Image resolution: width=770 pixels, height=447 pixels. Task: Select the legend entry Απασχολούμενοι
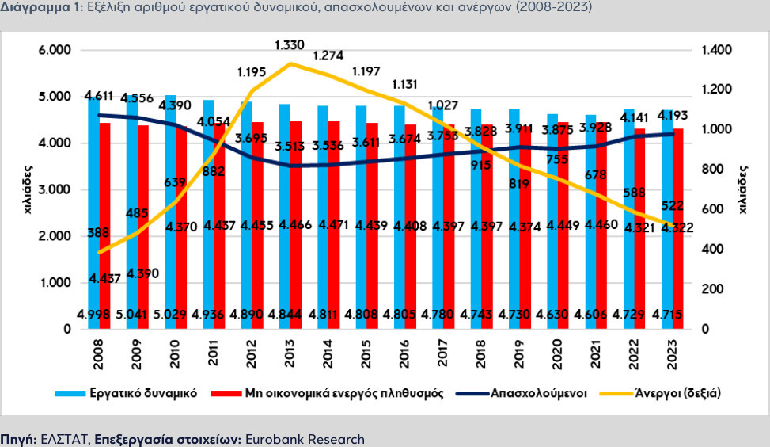pos(538,392)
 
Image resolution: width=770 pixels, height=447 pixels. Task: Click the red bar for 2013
pos(295,238)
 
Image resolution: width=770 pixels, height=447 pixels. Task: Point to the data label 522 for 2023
pos(673,206)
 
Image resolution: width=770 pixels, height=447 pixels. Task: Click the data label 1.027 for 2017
pos(443,106)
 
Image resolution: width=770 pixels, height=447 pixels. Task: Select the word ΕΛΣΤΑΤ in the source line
pos(66,438)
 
